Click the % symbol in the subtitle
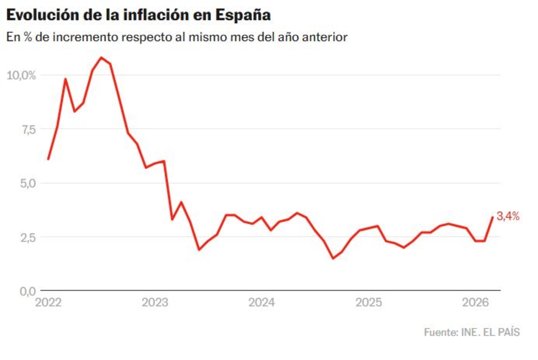24,38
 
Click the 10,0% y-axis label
21,75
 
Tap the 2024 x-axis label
262,302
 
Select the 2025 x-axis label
369,302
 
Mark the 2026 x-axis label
476,302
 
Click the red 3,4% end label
508,217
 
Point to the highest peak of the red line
101,58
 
